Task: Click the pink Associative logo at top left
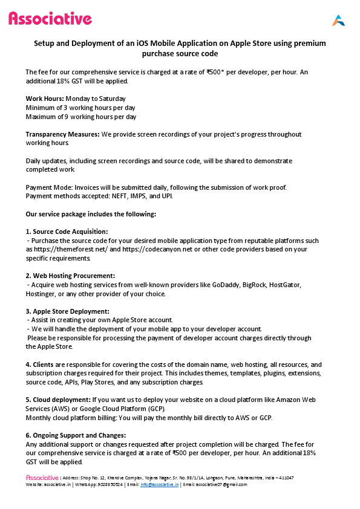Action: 50,19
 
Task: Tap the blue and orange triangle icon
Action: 338,20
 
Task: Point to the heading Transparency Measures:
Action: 62,134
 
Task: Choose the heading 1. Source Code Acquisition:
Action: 67,232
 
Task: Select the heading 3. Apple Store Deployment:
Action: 67,311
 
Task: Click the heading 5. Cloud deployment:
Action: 58,400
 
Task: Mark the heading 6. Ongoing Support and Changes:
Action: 76,435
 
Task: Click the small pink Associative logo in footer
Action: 42,478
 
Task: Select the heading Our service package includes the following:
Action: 91,214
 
